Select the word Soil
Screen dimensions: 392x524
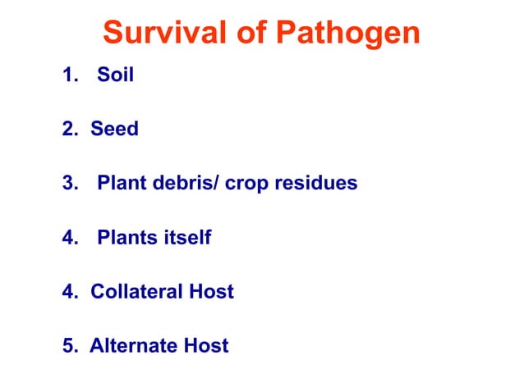tap(115, 76)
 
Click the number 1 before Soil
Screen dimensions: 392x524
tap(67, 76)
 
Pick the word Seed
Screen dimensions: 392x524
tap(114, 130)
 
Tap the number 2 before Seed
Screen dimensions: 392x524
tap(67, 130)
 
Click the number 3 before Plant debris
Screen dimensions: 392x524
tap(67, 183)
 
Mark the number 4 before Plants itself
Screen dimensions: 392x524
tap(67, 238)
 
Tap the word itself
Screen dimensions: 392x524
tap(185, 238)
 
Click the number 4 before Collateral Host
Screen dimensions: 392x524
tap(67, 291)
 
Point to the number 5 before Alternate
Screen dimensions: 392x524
tap(67, 345)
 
